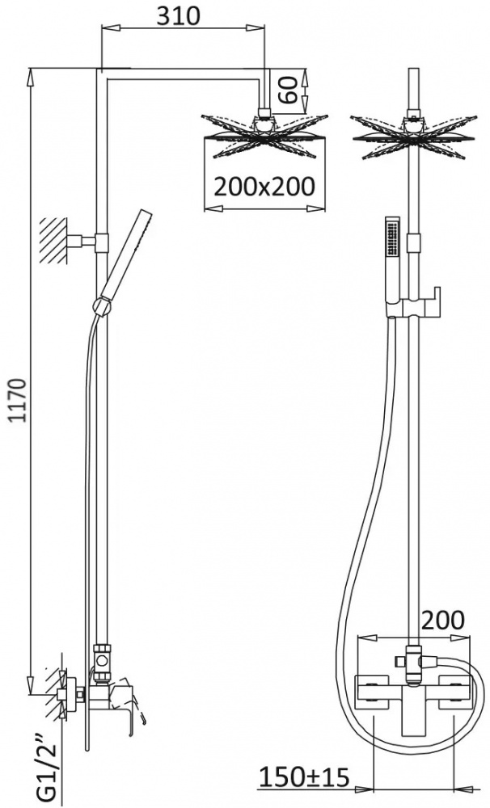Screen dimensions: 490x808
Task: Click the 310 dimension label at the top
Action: tap(179, 16)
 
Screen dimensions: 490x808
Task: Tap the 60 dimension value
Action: tap(289, 90)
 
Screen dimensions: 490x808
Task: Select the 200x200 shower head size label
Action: tap(264, 186)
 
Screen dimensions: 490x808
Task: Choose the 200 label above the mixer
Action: tap(443, 621)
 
